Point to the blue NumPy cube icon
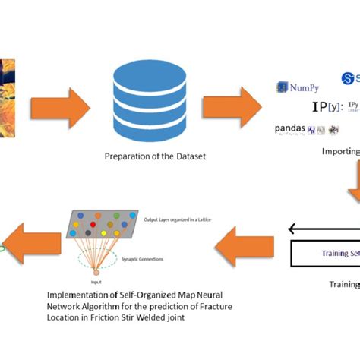coord(282,87)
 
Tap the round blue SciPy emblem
coord(349,77)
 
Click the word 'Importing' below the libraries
coord(339,151)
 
